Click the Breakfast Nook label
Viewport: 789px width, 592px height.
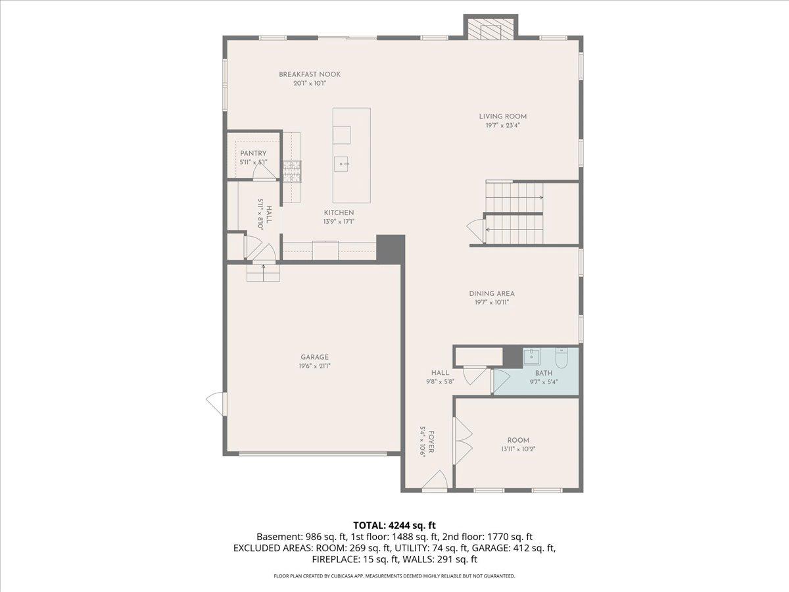[x=309, y=74]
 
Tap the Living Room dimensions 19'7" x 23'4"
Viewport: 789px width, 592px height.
[x=502, y=125]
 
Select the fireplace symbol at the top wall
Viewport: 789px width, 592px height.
[x=490, y=28]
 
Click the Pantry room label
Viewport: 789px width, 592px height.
[x=253, y=153]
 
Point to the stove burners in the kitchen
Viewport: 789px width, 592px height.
[x=291, y=170]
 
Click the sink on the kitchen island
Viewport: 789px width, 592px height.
[x=343, y=162]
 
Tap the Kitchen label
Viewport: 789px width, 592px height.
[x=339, y=212]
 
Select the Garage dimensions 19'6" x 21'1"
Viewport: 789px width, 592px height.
[x=314, y=366]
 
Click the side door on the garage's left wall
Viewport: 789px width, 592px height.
[x=215, y=403]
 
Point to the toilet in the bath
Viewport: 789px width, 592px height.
[x=561, y=358]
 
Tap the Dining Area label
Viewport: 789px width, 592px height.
[x=491, y=293]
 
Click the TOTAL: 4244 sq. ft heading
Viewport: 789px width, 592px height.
[x=394, y=525]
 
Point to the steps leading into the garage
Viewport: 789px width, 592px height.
[x=263, y=271]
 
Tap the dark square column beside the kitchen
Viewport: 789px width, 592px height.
[x=390, y=249]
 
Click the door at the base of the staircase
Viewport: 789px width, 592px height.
[x=475, y=229]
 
